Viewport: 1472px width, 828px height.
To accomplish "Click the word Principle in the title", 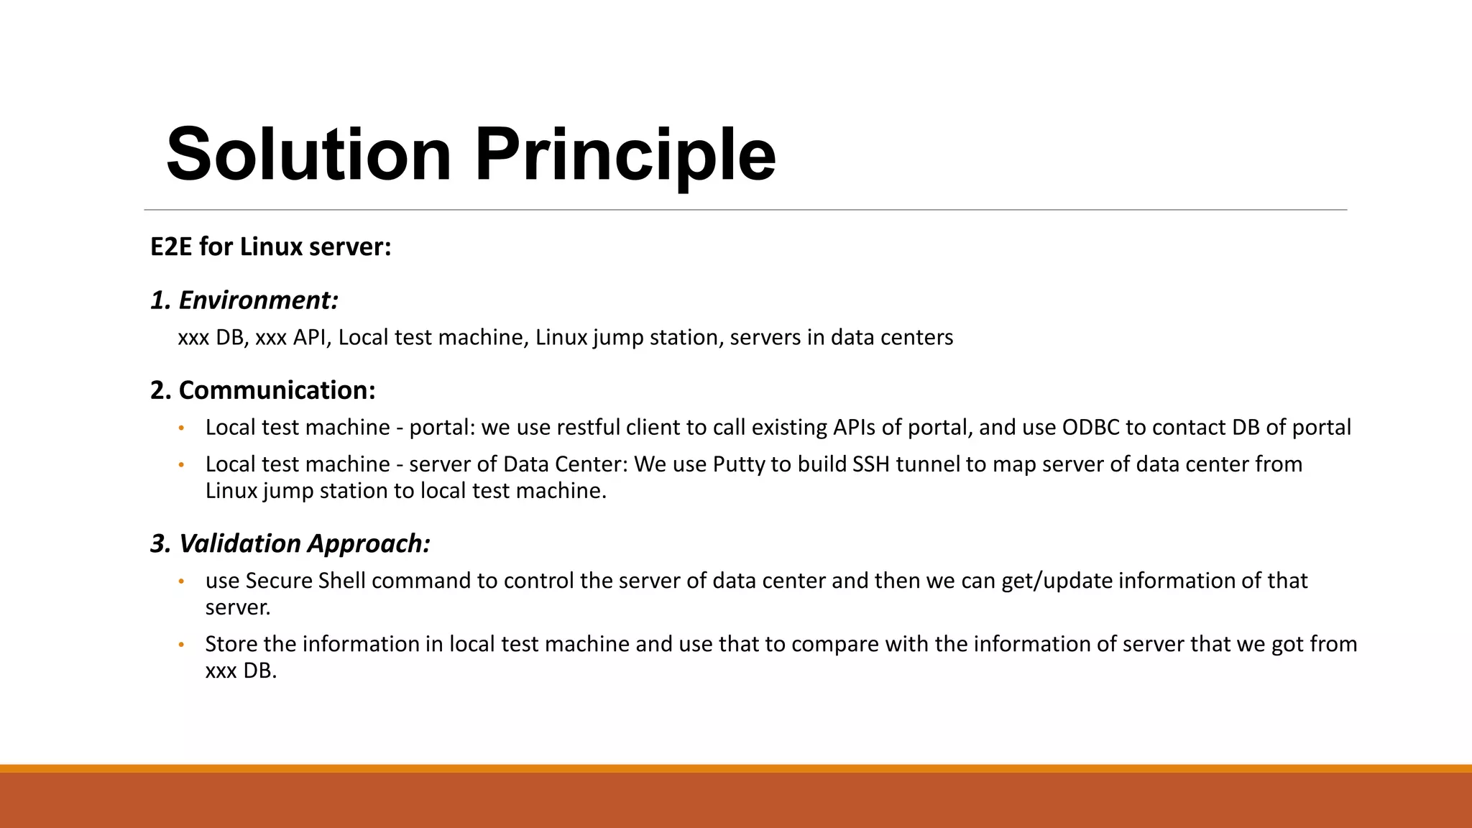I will [625, 155].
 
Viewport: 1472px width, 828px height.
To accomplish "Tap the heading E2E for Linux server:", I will [270, 247].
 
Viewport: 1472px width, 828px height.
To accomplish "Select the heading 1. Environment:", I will [244, 300].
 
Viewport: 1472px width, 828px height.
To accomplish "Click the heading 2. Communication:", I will [262, 390].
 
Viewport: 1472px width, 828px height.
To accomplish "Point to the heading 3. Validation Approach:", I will [290, 543].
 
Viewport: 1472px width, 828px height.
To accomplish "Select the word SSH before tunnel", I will [871, 464].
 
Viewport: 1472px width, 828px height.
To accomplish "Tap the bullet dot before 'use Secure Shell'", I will [181, 581].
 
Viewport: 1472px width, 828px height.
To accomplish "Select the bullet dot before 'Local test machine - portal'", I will [181, 428].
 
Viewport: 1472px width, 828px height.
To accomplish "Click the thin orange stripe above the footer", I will [736, 768].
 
